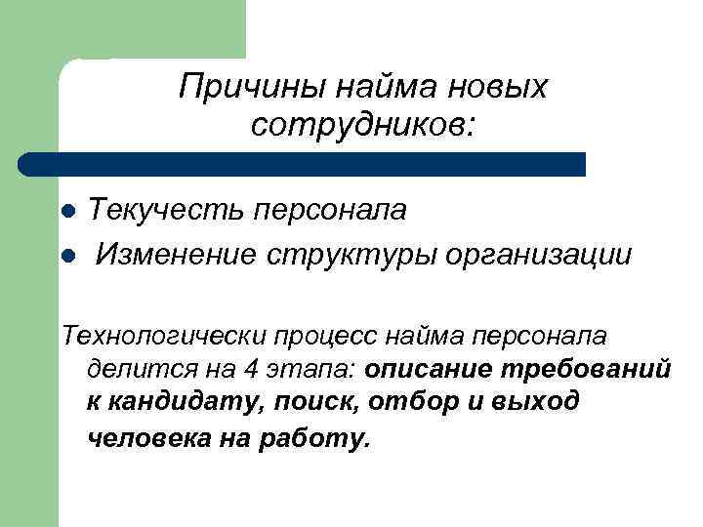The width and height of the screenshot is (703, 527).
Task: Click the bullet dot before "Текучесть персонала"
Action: click(x=67, y=212)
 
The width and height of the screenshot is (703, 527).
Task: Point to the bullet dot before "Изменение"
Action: click(x=67, y=256)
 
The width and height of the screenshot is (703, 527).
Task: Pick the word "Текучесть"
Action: click(x=165, y=210)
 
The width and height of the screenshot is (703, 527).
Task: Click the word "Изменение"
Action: click(x=176, y=255)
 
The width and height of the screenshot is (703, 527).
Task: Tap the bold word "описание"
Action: click(x=429, y=370)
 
